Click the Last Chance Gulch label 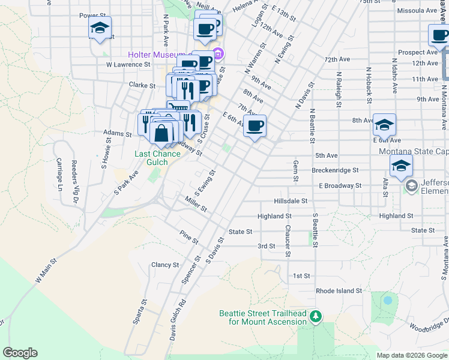[x=157, y=158]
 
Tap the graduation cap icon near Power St [x=100, y=28]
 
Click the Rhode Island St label [x=339, y=290]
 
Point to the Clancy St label [x=165, y=265]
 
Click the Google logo [x=20, y=353]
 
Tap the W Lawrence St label [x=127, y=64]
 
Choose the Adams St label [x=117, y=133]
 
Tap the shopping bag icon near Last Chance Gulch [x=161, y=133]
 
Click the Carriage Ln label [x=59, y=170]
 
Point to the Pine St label [x=189, y=236]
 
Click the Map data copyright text [x=411, y=355]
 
